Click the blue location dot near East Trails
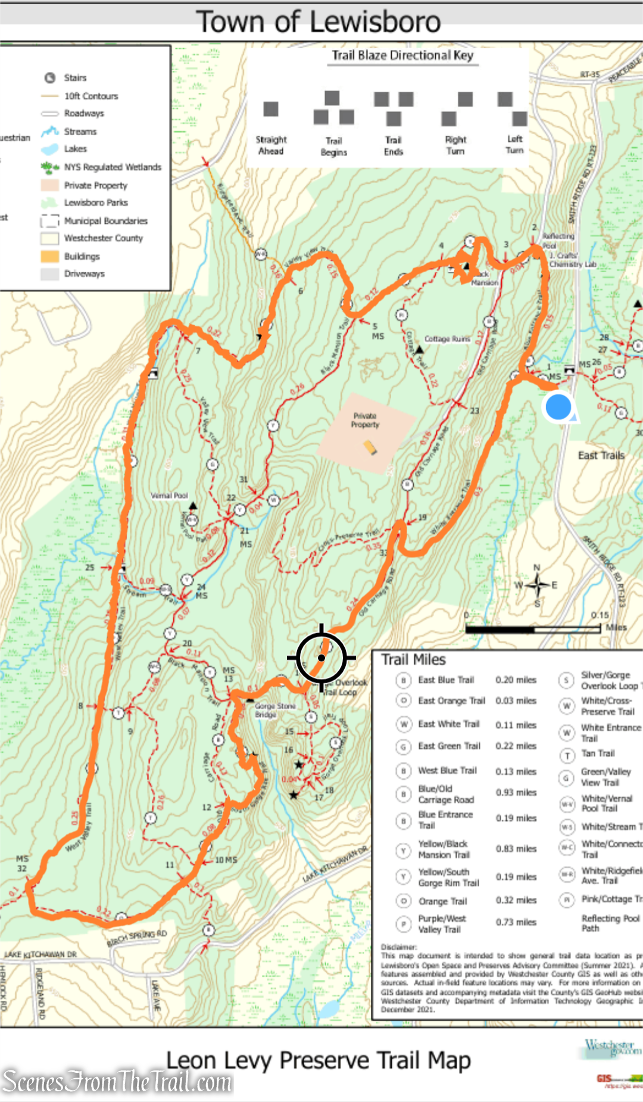(x=558, y=407)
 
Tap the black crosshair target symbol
(x=321, y=658)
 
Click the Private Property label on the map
(x=365, y=421)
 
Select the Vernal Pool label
(x=169, y=496)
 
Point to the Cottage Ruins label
(x=447, y=339)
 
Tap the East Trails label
(x=601, y=456)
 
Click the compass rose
(x=537, y=585)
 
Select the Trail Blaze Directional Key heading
(x=402, y=55)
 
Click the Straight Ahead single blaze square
(x=271, y=109)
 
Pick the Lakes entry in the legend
(x=75, y=149)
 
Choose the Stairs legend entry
(x=75, y=78)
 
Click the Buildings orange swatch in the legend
(x=49, y=257)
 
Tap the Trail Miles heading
(x=413, y=660)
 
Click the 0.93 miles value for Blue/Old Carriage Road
(x=516, y=793)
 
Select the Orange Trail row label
(x=442, y=901)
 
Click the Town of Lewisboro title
(x=319, y=22)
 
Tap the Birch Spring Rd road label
(x=136, y=938)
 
